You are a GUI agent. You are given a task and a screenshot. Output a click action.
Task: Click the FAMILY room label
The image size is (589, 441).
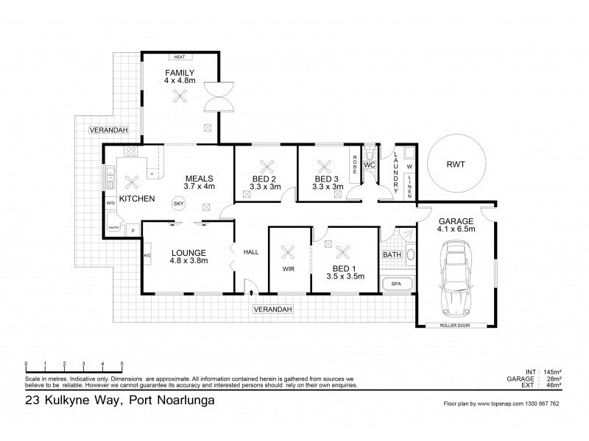point(180,72)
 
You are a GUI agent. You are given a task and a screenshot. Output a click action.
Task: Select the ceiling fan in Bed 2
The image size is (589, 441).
point(265,166)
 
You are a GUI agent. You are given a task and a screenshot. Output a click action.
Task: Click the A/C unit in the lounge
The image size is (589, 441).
point(147,255)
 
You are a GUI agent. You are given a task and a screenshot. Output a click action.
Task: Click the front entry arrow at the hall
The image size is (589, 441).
point(253,293)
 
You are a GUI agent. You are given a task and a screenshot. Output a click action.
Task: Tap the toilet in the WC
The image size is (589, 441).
point(372,156)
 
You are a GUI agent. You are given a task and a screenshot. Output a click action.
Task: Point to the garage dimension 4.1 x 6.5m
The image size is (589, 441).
point(456,229)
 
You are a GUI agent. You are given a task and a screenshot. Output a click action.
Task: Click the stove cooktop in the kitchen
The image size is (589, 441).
point(131,153)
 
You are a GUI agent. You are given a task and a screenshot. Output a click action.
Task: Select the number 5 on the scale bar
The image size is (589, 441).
point(121,364)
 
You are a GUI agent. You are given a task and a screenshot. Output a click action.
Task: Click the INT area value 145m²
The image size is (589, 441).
point(551,371)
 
